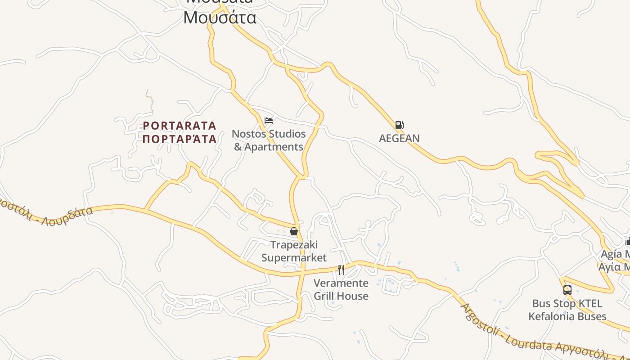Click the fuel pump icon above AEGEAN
point(399,125)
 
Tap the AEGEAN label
point(399,138)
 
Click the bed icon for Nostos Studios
point(269,121)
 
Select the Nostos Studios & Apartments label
point(269,140)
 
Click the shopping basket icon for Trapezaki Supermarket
point(294,231)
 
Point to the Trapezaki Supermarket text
point(294,251)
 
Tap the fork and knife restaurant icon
point(341,270)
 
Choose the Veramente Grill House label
point(341,289)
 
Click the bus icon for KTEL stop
point(567,290)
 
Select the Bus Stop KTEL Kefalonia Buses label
point(567,310)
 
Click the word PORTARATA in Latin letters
point(180,126)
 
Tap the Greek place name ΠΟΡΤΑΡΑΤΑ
point(180,139)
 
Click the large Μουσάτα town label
point(220,18)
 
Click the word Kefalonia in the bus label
point(555,316)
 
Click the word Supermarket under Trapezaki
point(294,258)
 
